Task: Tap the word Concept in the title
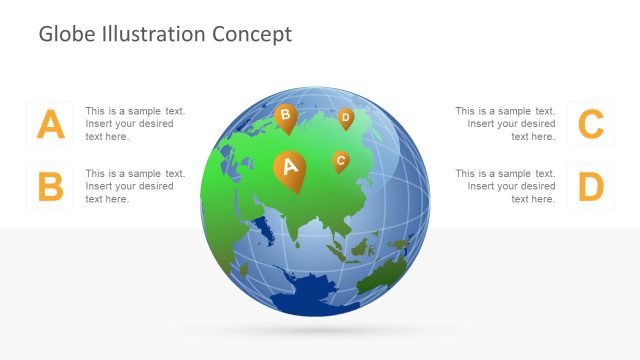(x=252, y=34)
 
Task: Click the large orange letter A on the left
(x=50, y=125)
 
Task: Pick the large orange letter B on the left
(x=50, y=187)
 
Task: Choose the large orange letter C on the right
(x=591, y=125)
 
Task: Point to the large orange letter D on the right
(x=591, y=187)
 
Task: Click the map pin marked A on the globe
(x=290, y=167)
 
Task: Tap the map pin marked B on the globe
(x=285, y=117)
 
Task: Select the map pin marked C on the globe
(x=340, y=160)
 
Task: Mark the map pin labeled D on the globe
(x=345, y=118)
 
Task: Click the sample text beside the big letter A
(x=135, y=124)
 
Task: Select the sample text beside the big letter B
(x=135, y=186)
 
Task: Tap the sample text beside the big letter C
(x=505, y=124)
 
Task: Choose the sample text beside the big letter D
(x=505, y=186)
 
